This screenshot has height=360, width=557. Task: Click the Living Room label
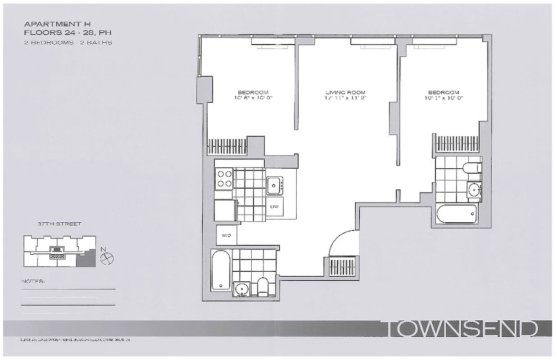click(x=345, y=93)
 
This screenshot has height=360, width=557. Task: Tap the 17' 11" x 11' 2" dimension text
click(x=345, y=98)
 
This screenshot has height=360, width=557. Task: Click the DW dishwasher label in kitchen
click(x=274, y=207)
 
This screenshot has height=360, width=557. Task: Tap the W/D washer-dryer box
click(x=226, y=234)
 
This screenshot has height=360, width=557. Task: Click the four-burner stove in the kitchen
click(x=224, y=179)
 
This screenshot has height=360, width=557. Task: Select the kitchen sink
click(x=274, y=184)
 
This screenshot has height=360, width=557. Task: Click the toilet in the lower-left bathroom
click(x=263, y=286)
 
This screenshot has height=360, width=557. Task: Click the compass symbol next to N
click(x=107, y=258)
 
